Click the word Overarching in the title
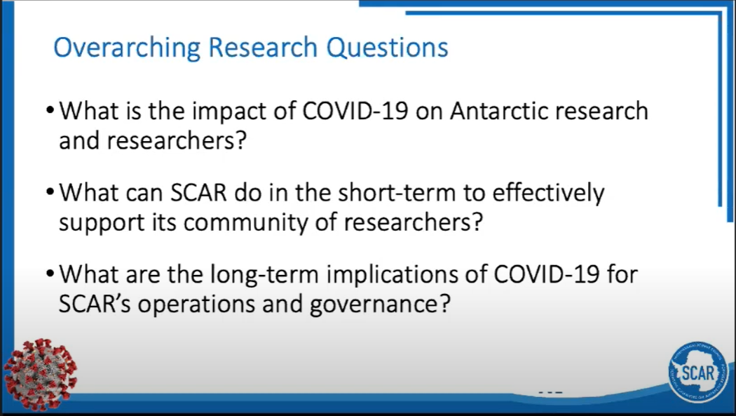coord(127,48)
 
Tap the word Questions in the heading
coord(387,48)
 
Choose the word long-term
coord(264,274)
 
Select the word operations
coord(196,304)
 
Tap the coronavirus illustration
coord(40,374)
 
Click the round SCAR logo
coord(698,373)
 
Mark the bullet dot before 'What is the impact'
coord(50,112)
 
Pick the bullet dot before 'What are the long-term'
coord(50,274)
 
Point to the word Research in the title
coord(263,48)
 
